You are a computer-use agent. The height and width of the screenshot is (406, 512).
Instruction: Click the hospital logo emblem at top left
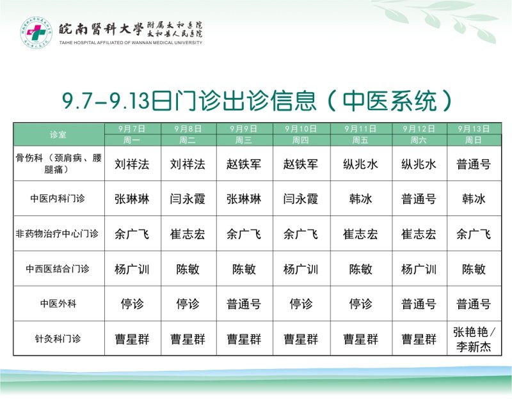click(x=36, y=31)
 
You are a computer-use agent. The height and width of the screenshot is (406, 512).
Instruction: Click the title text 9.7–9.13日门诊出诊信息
click(x=189, y=100)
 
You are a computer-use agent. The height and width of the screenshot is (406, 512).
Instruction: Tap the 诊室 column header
click(x=58, y=134)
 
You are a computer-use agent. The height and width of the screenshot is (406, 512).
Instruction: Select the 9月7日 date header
click(x=132, y=129)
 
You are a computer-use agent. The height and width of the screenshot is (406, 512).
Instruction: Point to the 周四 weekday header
click(x=300, y=140)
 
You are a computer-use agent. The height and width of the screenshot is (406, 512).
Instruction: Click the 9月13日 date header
click(x=474, y=129)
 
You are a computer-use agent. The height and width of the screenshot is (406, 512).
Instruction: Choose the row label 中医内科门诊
click(x=58, y=198)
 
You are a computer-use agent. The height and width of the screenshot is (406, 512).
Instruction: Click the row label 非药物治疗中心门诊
click(x=57, y=233)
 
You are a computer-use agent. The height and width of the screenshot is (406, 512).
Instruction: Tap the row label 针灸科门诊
click(x=58, y=338)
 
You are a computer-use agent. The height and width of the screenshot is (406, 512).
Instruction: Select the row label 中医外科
click(x=58, y=304)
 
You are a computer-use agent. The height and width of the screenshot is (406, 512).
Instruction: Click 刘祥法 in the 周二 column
click(x=188, y=164)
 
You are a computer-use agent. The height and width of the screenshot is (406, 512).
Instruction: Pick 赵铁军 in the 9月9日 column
click(x=244, y=164)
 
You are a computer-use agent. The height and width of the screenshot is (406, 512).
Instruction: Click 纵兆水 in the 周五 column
click(x=360, y=164)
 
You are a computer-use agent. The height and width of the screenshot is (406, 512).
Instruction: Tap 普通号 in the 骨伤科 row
click(x=474, y=164)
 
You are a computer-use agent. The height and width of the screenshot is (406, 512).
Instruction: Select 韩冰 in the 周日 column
click(x=474, y=199)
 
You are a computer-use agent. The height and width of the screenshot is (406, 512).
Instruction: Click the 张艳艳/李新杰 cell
click(x=474, y=339)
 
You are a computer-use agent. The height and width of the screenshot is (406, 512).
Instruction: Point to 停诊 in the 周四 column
click(x=301, y=304)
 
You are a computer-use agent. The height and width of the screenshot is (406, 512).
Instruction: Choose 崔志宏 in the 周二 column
click(x=188, y=234)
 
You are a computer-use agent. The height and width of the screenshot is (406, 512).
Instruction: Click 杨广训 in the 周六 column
click(x=419, y=269)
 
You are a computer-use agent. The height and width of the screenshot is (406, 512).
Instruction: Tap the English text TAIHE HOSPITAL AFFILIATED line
click(x=131, y=43)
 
